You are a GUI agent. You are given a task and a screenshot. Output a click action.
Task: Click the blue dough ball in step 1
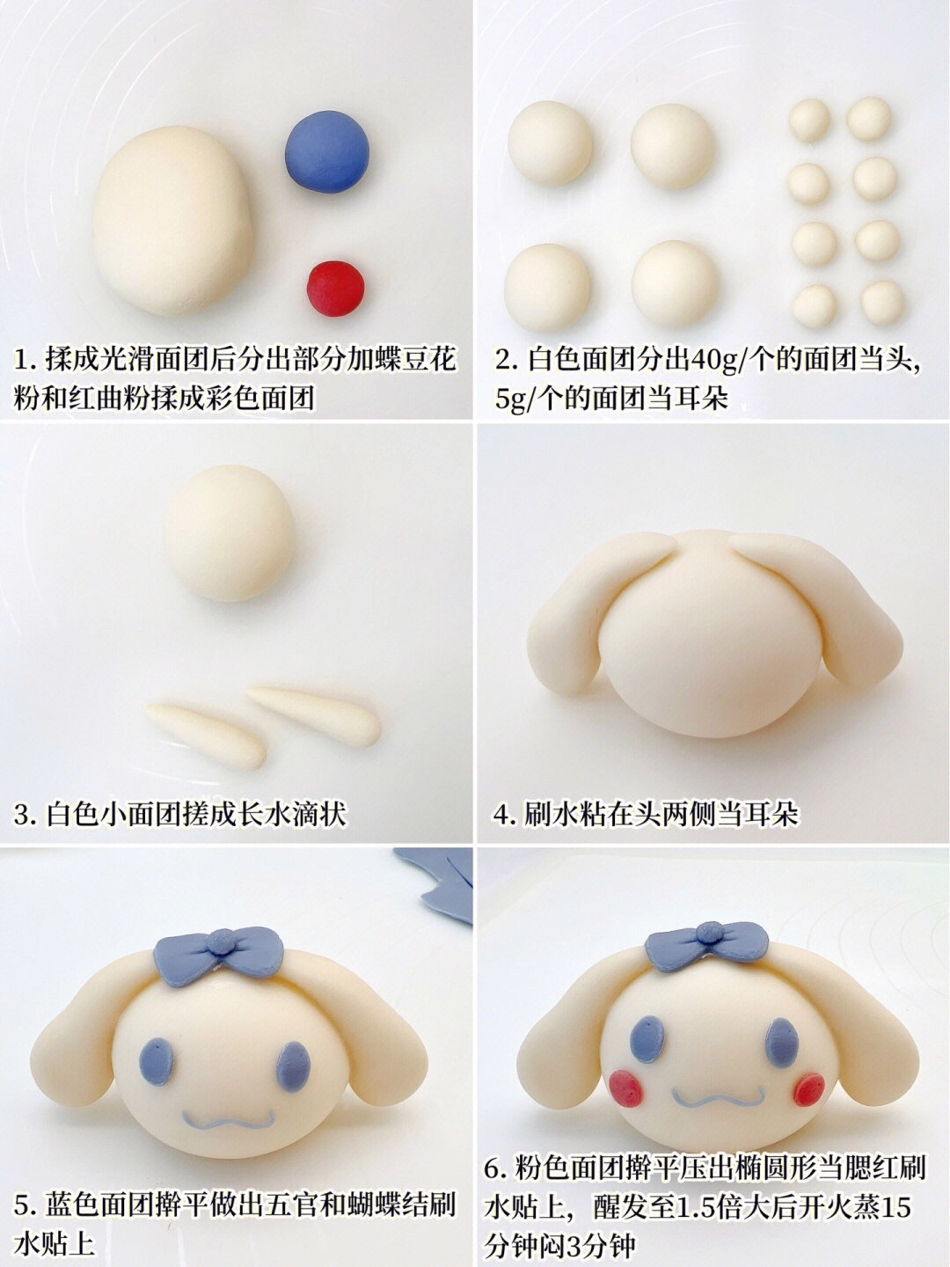[x=327, y=151]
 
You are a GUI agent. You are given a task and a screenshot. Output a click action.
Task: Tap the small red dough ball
[x=335, y=288]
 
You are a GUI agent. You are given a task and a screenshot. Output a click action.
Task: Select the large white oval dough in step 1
[x=172, y=221]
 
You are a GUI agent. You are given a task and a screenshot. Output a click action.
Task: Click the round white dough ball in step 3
[x=229, y=533]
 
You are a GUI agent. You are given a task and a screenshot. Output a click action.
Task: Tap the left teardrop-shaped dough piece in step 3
[x=205, y=736]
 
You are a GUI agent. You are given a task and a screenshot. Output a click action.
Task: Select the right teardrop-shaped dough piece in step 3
[x=314, y=715]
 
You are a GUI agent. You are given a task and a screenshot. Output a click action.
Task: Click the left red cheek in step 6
[x=625, y=1088]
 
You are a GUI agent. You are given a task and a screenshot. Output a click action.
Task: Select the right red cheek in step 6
[x=808, y=1090]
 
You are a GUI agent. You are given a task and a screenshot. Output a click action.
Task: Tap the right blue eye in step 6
[x=782, y=1042]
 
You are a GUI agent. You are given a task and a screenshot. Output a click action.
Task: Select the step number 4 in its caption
[x=501, y=815]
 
